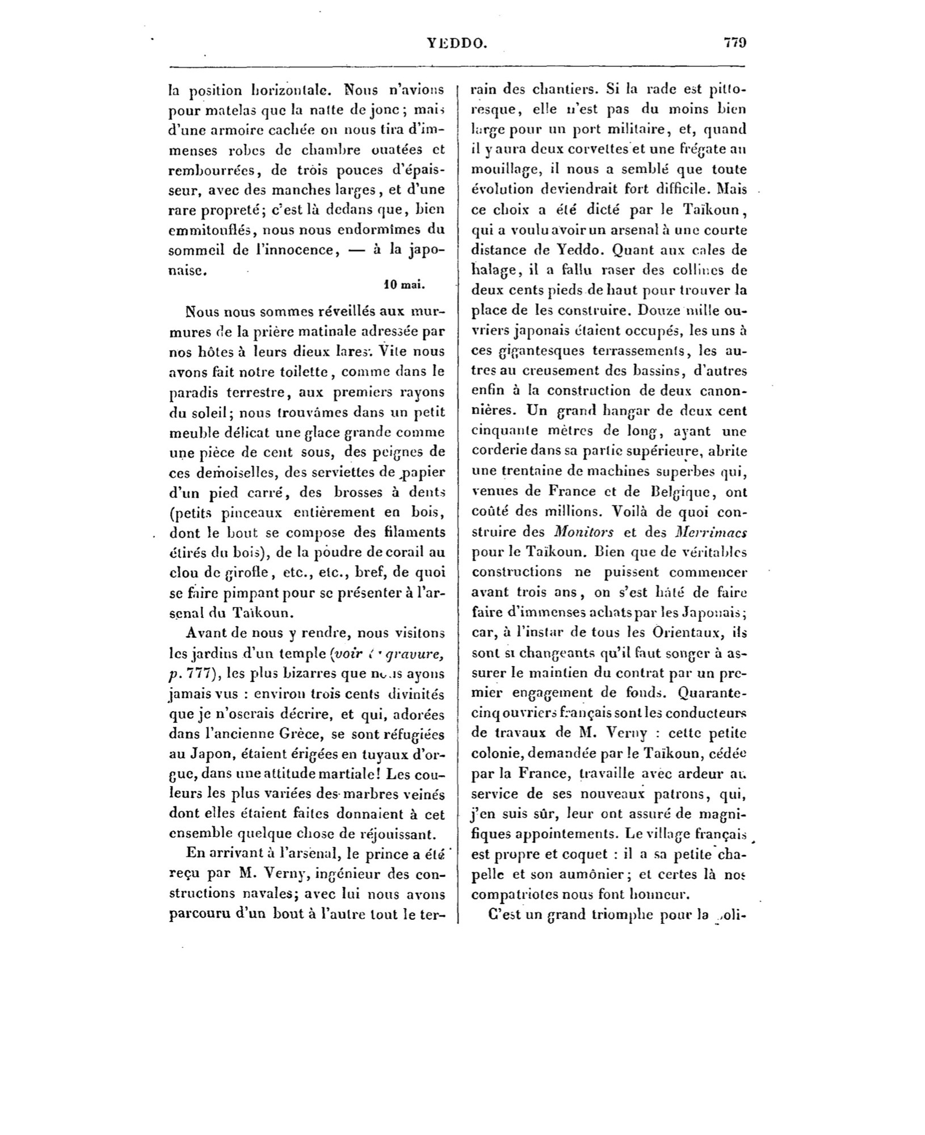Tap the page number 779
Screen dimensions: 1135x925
click(734, 43)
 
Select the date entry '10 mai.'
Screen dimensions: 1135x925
click(404, 285)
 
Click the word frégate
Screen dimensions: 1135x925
click(686, 149)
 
